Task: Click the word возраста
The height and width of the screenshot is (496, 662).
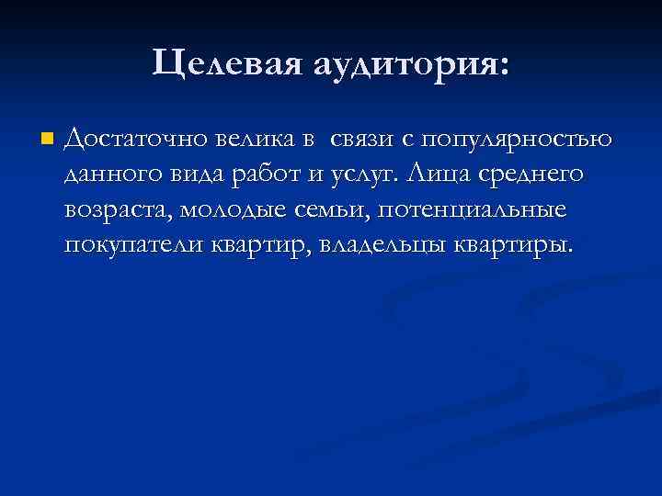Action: (x=117, y=210)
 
